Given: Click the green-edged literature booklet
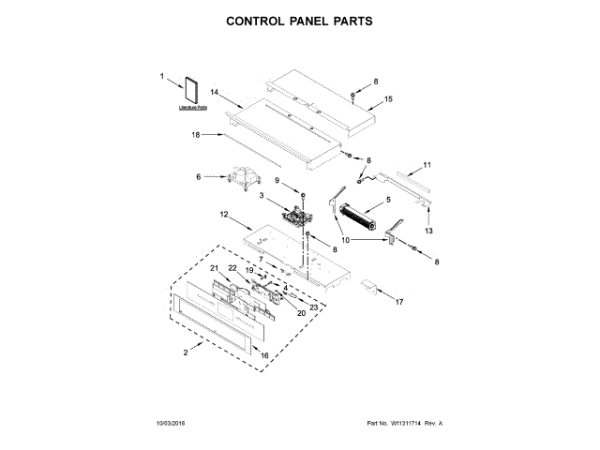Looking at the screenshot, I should [194, 93].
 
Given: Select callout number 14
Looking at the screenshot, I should [214, 93].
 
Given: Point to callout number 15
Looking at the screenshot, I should [389, 98].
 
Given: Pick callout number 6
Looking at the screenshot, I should [198, 175].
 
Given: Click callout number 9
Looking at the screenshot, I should [277, 180].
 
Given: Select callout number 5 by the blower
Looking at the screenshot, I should [387, 199].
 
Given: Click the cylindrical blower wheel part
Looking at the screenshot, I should [357, 219].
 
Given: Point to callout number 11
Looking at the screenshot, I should [427, 165].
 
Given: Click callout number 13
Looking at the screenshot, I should [429, 230].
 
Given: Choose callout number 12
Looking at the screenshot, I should [224, 215].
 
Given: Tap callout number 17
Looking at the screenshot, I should [398, 302].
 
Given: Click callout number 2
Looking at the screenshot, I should [186, 352].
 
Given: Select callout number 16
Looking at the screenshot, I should [264, 355].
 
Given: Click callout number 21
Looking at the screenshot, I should [213, 268].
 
